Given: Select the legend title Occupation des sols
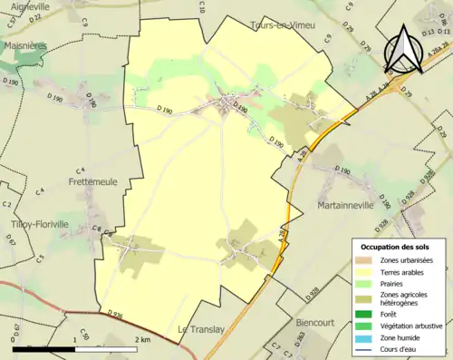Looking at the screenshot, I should (398, 247).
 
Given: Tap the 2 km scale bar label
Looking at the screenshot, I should (142, 339).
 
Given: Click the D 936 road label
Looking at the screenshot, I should (114, 314).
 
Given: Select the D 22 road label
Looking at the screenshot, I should (35, 16).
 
